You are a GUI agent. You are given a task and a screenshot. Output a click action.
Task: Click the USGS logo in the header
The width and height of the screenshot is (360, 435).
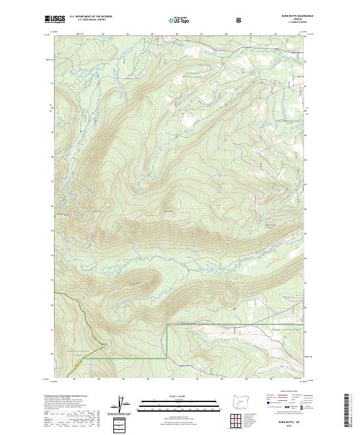coord(55,19)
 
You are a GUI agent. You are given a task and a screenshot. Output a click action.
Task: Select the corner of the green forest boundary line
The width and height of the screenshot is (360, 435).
coord(166,325)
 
